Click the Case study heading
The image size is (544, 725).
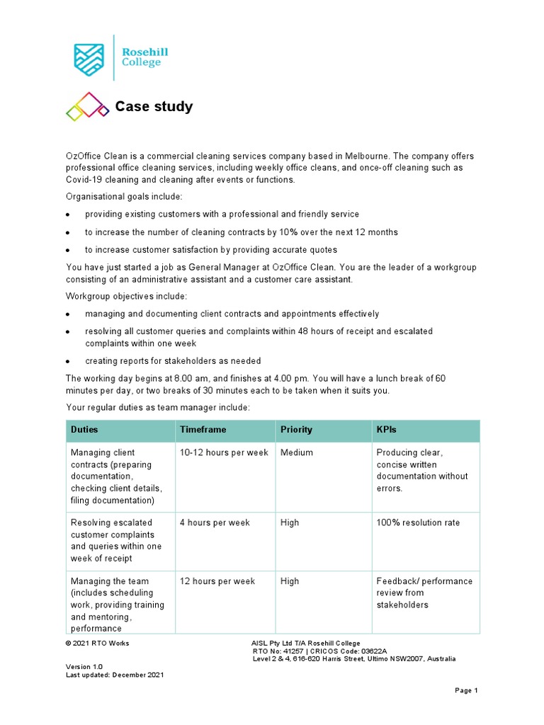(x=154, y=107)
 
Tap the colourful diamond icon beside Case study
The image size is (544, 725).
(x=88, y=107)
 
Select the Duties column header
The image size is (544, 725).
(x=84, y=430)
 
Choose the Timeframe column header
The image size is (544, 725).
(x=204, y=430)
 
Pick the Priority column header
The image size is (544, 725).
(x=296, y=430)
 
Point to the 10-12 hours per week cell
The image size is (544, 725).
(x=224, y=452)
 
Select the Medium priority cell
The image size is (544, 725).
(x=297, y=452)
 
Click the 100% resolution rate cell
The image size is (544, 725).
(x=418, y=523)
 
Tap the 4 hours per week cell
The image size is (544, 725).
(x=215, y=523)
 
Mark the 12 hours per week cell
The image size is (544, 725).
(x=217, y=581)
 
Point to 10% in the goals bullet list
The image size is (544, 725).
(x=288, y=232)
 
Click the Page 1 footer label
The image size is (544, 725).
(x=467, y=690)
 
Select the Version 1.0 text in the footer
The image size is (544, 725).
(x=84, y=667)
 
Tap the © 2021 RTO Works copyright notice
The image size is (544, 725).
(x=98, y=643)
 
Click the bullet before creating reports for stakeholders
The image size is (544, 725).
(x=68, y=361)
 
